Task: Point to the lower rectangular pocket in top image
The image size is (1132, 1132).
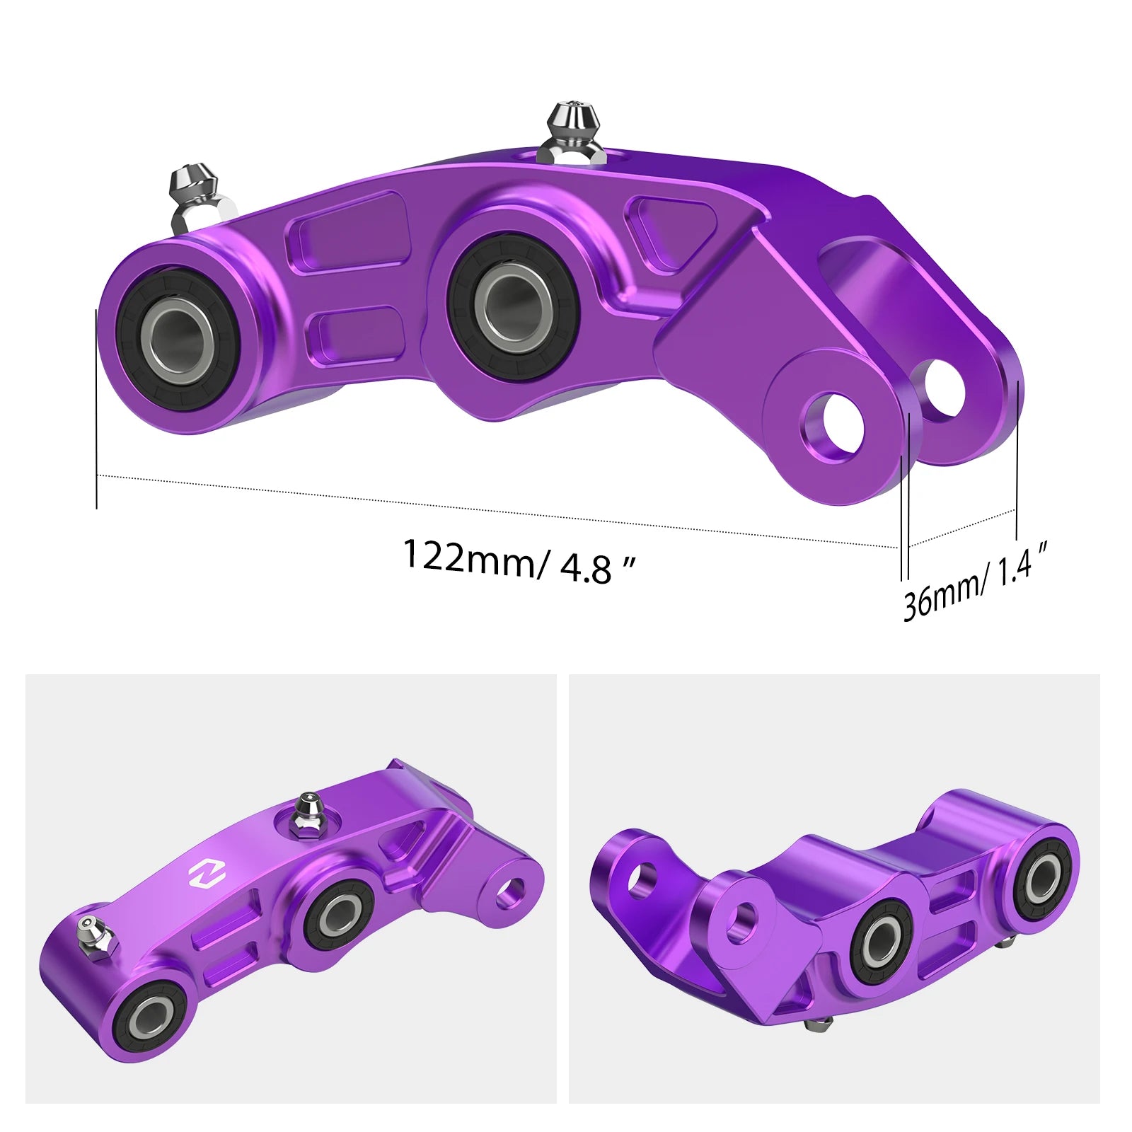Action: pos(352,333)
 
